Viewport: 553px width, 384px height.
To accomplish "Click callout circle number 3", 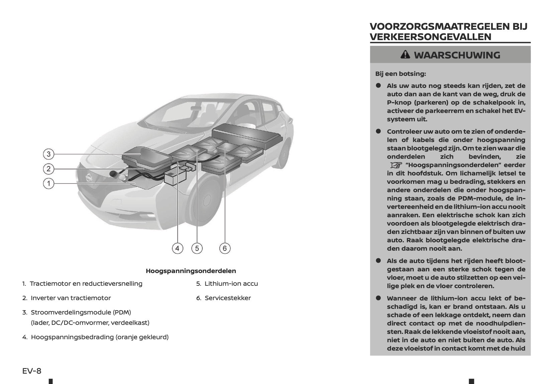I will pos(49,154).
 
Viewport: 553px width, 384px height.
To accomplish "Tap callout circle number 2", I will pos(49,169).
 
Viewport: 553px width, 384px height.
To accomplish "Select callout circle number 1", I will pos(49,183).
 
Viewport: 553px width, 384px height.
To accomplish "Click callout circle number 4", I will pos(177,248).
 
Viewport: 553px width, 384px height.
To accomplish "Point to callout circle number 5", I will pos(197,248).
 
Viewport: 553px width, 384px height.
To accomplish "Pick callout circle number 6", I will pos(224,248).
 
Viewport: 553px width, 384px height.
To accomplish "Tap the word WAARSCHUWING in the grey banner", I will pos(457,55).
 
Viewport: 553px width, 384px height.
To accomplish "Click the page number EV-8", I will pos(32,371).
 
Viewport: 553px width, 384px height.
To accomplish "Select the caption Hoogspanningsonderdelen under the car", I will pos(191,271).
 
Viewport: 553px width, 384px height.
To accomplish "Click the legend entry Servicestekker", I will pos(227,298).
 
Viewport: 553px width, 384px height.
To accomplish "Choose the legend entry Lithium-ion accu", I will pos(231,284).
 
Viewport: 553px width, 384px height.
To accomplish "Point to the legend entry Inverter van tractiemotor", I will pos(71,298).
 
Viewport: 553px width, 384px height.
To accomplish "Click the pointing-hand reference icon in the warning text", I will pos(396,165).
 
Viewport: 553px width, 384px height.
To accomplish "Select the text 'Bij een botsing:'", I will pos(400,74).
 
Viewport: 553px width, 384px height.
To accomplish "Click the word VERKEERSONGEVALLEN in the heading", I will pos(431,37).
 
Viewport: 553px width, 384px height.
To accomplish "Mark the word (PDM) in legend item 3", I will pos(122,312).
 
